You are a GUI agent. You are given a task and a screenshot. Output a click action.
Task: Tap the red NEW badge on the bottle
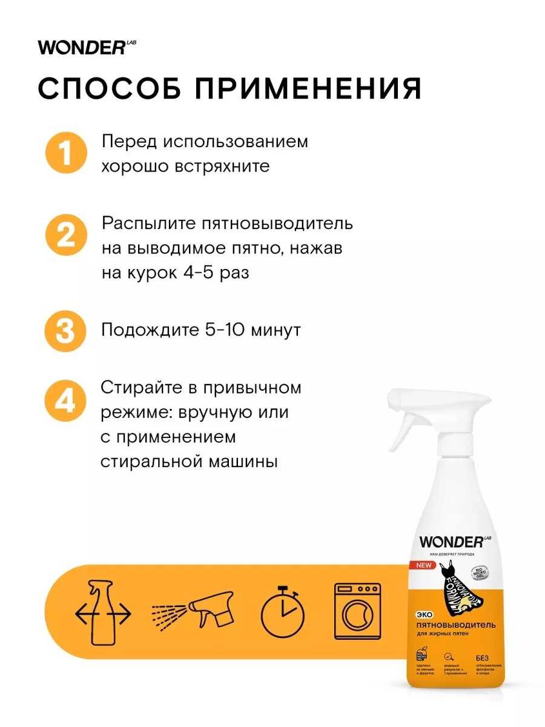tap(424, 565)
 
